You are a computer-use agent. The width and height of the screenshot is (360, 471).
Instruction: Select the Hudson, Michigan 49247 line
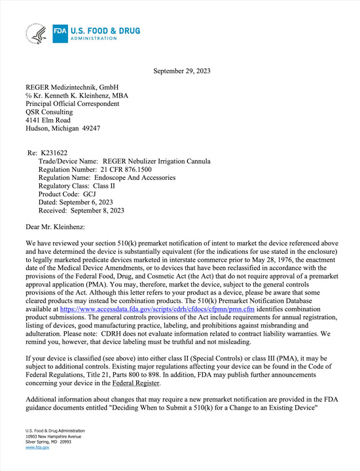click(62, 129)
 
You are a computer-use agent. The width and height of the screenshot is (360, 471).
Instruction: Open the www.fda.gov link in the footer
click(37, 447)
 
